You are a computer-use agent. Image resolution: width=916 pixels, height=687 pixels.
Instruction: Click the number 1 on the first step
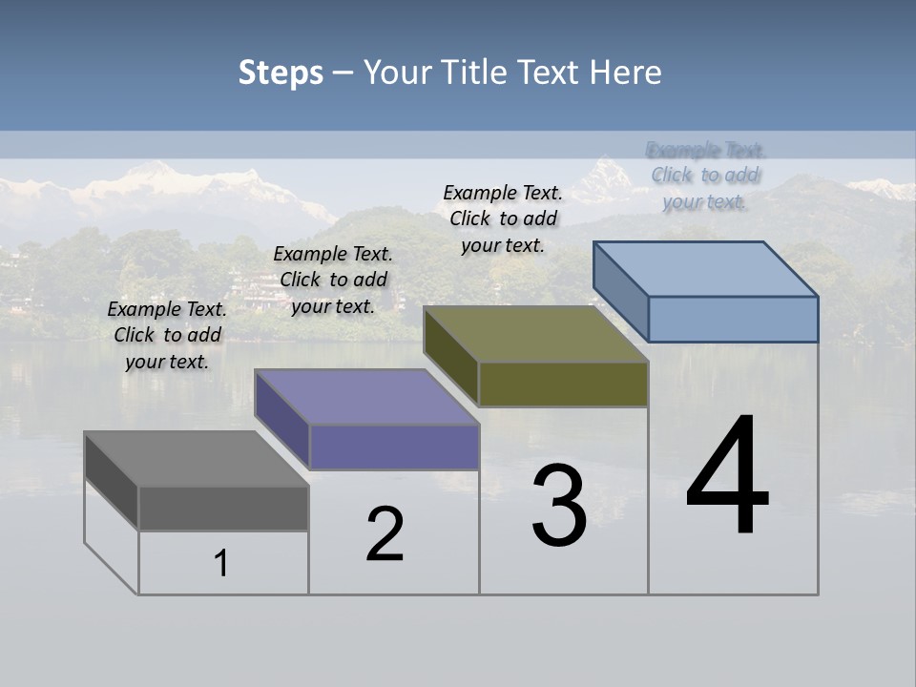pos(220,564)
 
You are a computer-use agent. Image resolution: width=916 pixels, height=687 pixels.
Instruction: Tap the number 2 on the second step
pos(385,534)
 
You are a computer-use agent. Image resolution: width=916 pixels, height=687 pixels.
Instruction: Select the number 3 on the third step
pos(559,506)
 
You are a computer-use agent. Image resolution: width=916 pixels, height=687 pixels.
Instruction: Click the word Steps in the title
pos(281,73)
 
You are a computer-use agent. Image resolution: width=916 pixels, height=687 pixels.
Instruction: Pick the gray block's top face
pos(196,459)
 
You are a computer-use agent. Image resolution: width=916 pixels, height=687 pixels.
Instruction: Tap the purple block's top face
pos(366,397)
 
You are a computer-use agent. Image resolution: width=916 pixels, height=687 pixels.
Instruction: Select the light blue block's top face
pos(706,269)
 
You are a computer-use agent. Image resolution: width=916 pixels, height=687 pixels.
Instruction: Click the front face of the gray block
pos(223,508)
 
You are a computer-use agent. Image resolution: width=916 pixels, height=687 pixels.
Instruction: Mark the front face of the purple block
pos(394,447)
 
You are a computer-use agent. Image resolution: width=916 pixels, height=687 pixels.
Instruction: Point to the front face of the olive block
pos(563,384)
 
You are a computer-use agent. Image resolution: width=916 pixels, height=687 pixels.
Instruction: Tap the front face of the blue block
pos(733,319)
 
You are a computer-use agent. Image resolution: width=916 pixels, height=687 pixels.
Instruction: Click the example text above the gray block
pos(167,335)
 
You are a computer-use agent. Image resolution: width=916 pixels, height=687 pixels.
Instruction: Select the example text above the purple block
pos(333,280)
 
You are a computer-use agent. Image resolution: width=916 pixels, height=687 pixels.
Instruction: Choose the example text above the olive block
pos(503,219)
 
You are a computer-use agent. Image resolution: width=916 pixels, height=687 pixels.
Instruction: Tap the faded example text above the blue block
pos(705,176)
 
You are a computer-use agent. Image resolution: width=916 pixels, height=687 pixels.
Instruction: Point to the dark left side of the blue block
pos(620,290)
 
